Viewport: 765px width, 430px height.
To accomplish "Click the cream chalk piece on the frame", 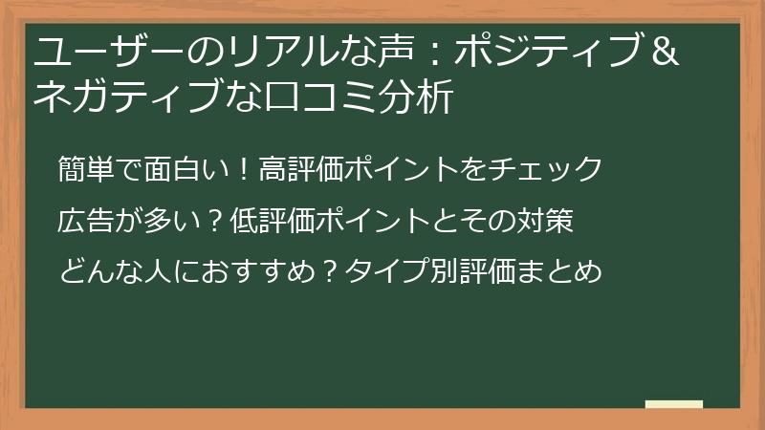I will [x=673, y=404].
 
